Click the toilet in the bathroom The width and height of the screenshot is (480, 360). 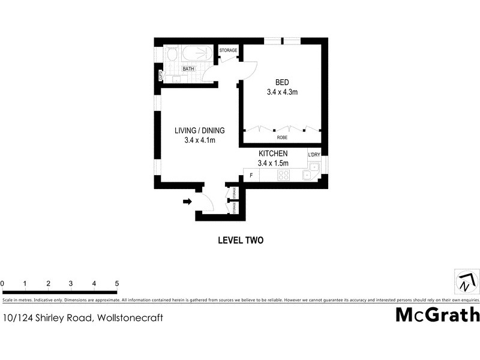172,56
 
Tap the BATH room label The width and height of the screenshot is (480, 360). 189,69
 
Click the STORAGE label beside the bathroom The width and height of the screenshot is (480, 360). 228,50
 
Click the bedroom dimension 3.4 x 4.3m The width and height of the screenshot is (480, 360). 283,92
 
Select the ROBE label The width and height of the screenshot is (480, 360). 282,137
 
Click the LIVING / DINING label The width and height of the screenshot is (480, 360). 200,131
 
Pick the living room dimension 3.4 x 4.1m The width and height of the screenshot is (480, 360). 200,140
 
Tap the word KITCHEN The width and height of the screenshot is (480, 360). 273,154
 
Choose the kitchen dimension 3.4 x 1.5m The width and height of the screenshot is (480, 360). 273,163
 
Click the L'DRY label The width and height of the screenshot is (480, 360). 314,155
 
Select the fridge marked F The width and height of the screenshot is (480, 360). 250,175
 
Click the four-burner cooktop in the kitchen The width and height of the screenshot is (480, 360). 284,175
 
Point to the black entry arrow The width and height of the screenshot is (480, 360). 187,202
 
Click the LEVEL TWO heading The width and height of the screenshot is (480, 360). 240,240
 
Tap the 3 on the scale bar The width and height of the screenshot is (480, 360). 71,284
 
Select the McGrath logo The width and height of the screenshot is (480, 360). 437,314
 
